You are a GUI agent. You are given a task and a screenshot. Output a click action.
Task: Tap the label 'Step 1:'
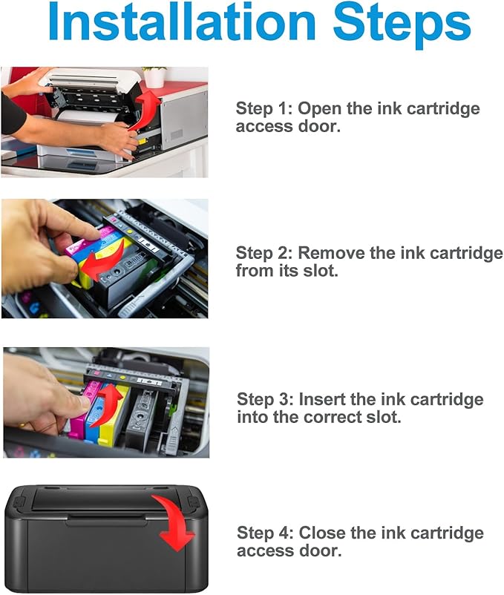264,108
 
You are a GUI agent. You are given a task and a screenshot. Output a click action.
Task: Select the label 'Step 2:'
264,253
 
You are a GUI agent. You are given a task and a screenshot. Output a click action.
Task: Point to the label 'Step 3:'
265,399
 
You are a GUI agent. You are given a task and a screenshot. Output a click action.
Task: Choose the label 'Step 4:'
265,533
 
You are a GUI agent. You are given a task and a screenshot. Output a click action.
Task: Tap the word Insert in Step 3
321,399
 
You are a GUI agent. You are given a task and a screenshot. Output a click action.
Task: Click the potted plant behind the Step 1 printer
154,76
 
